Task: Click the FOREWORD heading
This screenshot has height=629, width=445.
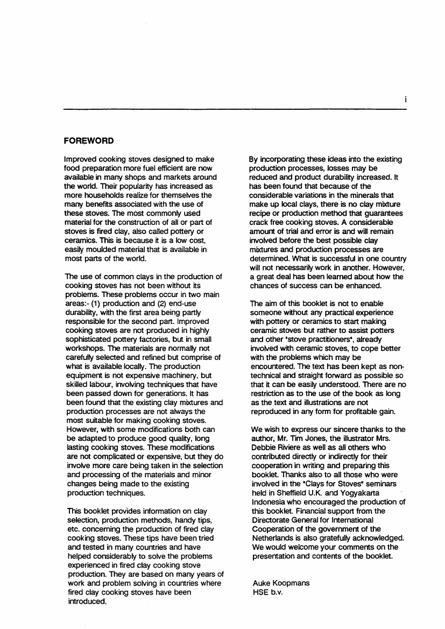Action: tap(89, 141)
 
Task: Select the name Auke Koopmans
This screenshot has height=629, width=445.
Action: tap(280, 583)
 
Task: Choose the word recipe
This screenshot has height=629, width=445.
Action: tap(262, 213)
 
